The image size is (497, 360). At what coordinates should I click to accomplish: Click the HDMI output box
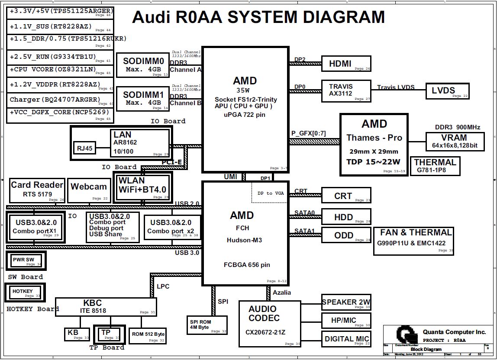pyautogui.click(x=346, y=64)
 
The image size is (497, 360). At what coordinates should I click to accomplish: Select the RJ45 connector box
pyautogui.click(x=85, y=148)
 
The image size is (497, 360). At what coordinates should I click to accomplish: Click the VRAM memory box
pyautogui.click(x=454, y=141)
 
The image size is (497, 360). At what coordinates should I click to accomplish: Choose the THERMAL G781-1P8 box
pyautogui.click(x=435, y=166)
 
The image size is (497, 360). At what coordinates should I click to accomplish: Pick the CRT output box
pyautogui.click(x=346, y=196)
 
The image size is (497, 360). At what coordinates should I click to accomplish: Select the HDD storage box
pyautogui.click(x=346, y=217)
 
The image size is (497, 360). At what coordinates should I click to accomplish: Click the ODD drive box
pyautogui.click(x=346, y=235)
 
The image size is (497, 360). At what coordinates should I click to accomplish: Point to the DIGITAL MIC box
pyautogui.click(x=346, y=339)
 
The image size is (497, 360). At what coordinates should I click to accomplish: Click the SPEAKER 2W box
pyautogui.click(x=346, y=302)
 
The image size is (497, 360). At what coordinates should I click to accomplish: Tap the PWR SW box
pyautogui.click(x=26, y=260)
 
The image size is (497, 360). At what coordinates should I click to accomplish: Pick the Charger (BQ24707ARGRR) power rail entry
pyautogui.click(x=60, y=100)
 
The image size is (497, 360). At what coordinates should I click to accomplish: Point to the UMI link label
pyautogui.click(x=230, y=177)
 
